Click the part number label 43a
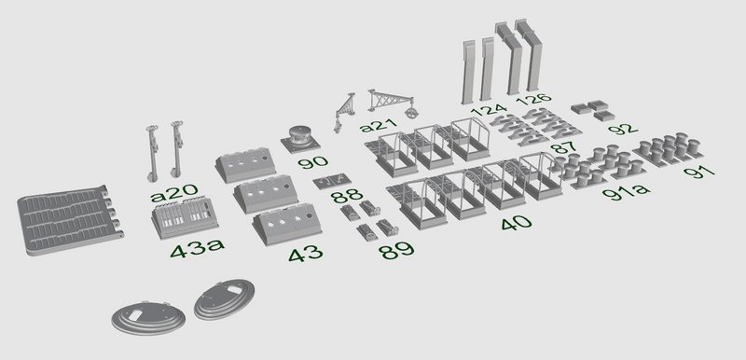click(x=198, y=249)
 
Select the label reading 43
click(x=306, y=254)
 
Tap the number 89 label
click(x=396, y=251)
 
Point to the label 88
click(x=347, y=196)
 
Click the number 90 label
click(x=313, y=162)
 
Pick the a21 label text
click(x=379, y=127)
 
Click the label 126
click(x=533, y=100)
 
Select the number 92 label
click(x=622, y=129)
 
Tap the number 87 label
click(x=564, y=147)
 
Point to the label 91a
click(x=626, y=192)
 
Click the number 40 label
click(x=516, y=222)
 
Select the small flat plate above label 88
click(x=332, y=181)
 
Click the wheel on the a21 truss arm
click(x=410, y=113)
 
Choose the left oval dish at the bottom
click(x=148, y=317)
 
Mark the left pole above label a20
click(x=153, y=153)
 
